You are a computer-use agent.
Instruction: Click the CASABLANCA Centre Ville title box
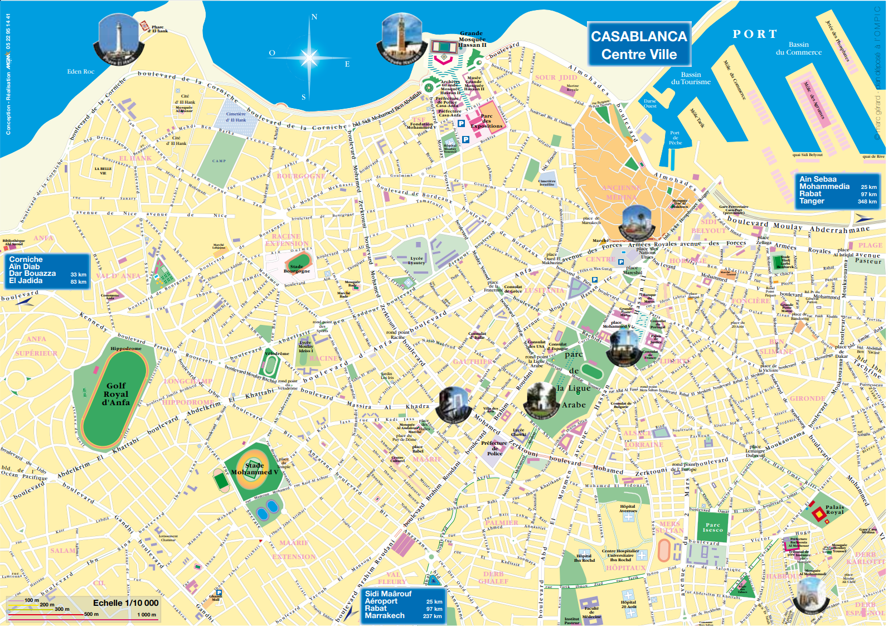pyautogui.click(x=639, y=45)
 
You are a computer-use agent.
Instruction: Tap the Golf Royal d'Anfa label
pyautogui.click(x=116, y=394)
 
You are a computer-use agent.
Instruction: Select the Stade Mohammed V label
pyautogui.click(x=254, y=469)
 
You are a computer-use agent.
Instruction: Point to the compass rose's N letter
pyautogui.click(x=314, y=17)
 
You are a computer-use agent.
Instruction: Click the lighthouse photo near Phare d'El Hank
pyautogui.click(x=118, y=39)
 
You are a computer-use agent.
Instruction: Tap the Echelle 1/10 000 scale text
pyautogui.click(x=125, y=603)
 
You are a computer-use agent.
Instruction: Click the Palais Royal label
pyautogui.click(x=834, y=509)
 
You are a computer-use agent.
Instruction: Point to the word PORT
pyautogui.click(x=755, y=35)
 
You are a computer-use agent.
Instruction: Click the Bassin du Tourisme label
pyautogui.click(x=691, y=78)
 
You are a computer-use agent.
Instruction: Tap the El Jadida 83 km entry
pyautogui.click(x=47, y=281)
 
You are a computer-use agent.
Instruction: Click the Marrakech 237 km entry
pyautogui.click(x=403, y=616)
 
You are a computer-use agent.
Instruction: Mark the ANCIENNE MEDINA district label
pyautogui.click(x=621, y=192)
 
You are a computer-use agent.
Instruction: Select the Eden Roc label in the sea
pyautogui.click(x=81, y=71)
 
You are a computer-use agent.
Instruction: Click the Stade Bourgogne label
pyautogui.click(x=297, y=269)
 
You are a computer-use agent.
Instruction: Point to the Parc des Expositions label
pyautogui.click(x=486, y=121)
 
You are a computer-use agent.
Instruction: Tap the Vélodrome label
pyautogui.click(x=276, y=353)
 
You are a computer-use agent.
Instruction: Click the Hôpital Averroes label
pyautogui.click(x=628, y=508)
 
